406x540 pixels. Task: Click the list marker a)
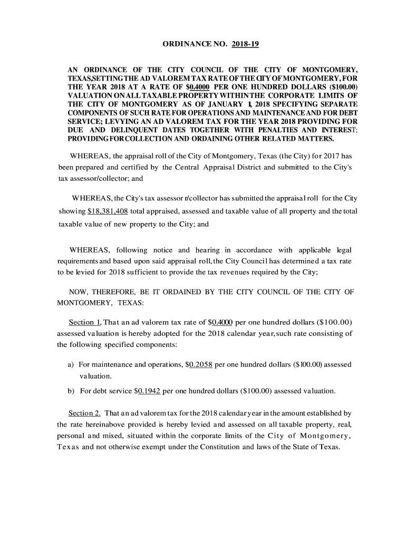click(70, 364)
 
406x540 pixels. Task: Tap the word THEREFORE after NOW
click(113, 292)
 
